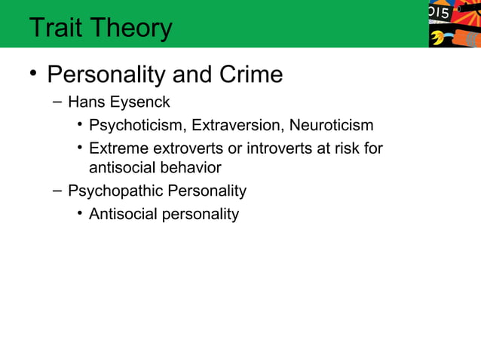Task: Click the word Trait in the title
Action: pos(55,28)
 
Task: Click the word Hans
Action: pos(85,102)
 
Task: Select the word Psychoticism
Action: pos(136,126)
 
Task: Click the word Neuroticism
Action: pos(332,126)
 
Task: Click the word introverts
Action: pos(277,148)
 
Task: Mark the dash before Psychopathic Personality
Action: pos(57,191)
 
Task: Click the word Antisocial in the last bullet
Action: pos(121,215)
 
